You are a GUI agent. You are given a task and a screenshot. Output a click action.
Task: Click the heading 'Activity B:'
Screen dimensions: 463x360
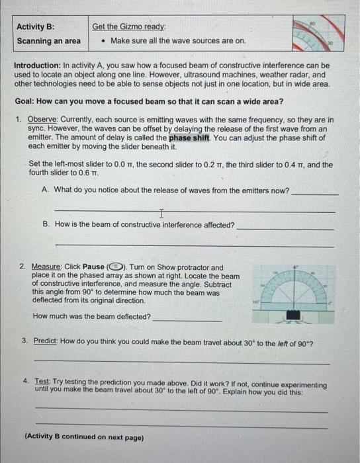(36, 26)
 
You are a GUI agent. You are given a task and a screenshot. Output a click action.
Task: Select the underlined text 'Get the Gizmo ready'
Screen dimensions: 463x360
(130, 26)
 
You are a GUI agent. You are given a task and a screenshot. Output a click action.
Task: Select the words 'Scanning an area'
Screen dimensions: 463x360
(49, 41)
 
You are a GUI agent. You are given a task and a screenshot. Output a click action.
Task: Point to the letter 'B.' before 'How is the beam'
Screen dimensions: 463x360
(46, 225)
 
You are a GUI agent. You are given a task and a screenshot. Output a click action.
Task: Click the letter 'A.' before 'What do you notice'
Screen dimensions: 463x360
(45, 190)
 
